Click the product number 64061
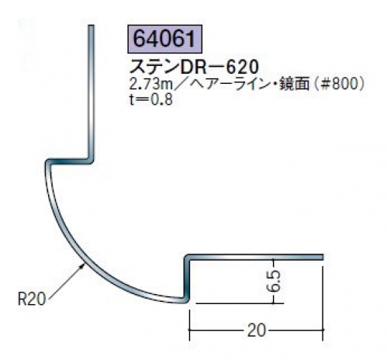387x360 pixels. pos(164,39)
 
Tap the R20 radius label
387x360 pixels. pos(31,299)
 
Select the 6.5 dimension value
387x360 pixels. pos(275,281)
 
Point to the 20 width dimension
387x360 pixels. pos(256,330)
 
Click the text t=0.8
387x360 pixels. pos(150,99)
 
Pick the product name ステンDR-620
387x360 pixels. pos(194,67)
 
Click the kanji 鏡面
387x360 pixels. pos(295,84)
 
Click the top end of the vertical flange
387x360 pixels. pos(91,26)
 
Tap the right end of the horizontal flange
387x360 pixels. pos(322,257)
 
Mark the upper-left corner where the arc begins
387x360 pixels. pos(48,162)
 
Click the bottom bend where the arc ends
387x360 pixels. pos(186,300)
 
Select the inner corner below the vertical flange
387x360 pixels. pos(91,161)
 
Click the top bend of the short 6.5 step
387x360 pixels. pos(187,258)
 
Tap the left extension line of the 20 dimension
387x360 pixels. pos(190,325)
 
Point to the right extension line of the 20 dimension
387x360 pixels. pos(323,303)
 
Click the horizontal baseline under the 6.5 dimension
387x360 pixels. pos(240,303)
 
